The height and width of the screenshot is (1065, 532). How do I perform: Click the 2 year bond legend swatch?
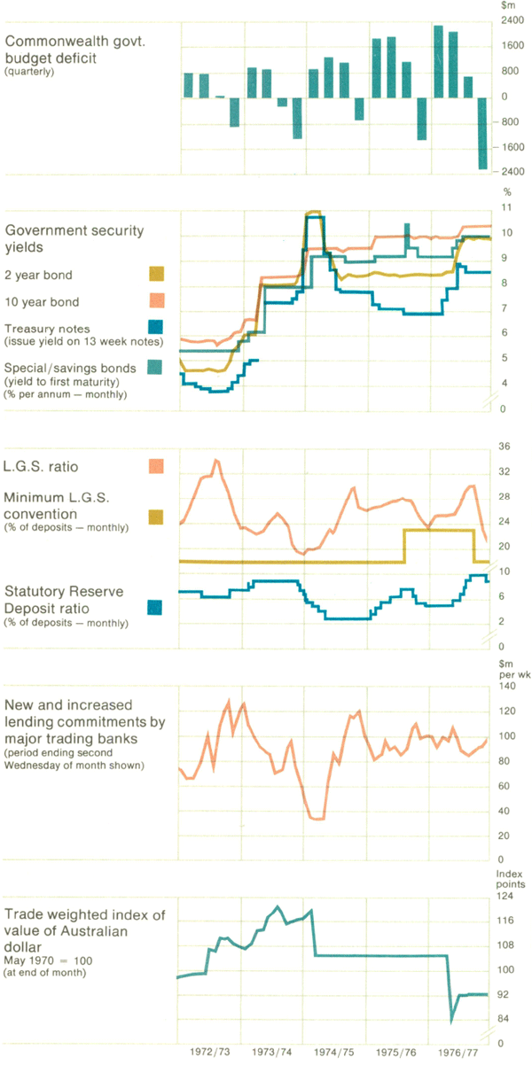pos(155,274)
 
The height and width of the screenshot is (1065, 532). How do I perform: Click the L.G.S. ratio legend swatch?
pos(155,465)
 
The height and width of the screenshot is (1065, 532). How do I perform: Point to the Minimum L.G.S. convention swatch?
pos(155,516)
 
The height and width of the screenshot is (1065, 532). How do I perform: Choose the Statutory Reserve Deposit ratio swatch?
pos(155,608)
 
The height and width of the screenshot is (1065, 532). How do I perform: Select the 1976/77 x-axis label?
pos(458,1053)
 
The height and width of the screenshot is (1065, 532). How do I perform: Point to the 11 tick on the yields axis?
pos(507,207)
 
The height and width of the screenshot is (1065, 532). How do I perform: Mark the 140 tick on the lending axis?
pos(507,686)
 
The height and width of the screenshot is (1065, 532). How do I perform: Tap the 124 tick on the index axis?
pos(507,897)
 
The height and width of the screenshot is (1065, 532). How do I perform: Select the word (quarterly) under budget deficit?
pos(30,72)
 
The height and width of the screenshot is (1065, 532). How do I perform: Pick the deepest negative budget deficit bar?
pos(483,133)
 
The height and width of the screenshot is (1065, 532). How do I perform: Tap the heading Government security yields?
pos(74,237)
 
